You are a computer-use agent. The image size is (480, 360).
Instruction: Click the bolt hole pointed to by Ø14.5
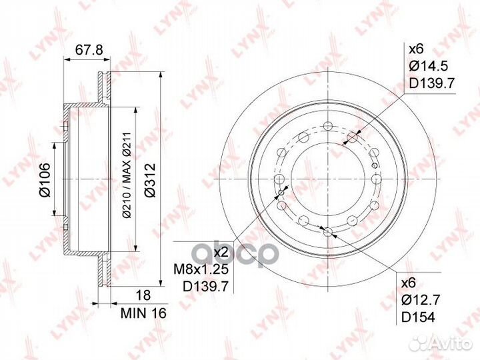click(353, 138)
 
